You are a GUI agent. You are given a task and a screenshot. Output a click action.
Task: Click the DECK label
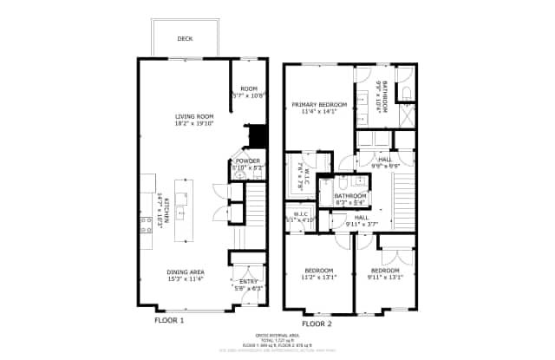point(185,39)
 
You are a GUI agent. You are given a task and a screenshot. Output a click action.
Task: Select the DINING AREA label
point(185,272)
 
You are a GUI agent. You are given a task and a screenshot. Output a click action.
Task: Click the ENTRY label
point(249,281)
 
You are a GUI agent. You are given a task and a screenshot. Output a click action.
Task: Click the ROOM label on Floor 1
point(250,88)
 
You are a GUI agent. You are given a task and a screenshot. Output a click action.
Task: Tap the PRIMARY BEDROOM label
point(318,105)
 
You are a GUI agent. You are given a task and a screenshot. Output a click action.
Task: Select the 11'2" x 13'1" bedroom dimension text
point(318,278)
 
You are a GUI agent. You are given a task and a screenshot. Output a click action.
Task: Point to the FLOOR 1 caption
point(169,320)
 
